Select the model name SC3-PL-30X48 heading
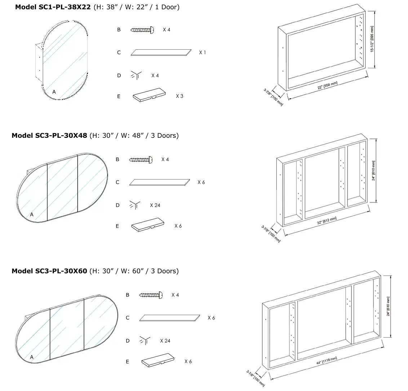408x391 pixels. [x=49, y=136]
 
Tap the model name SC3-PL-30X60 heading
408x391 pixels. [x=49, y=271]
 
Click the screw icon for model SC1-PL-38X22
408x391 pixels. [x=142, y=30]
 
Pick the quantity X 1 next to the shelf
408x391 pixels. [x=203, y=53]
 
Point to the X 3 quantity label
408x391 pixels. [x=179, y=96]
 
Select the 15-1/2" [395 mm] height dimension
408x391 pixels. [x=372, y=39]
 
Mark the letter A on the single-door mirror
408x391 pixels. [x=54, y=92]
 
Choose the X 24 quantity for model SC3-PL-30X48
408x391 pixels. [x=155, y=205]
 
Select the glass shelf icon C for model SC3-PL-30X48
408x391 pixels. [x=160, y=182]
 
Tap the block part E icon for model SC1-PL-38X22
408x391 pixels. [x=149, y=96]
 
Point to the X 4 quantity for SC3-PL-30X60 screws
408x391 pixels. [x=175, y=295]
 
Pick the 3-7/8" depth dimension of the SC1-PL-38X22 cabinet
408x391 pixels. [x=274, y=96]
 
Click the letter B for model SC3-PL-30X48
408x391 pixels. [x=117, y=159]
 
